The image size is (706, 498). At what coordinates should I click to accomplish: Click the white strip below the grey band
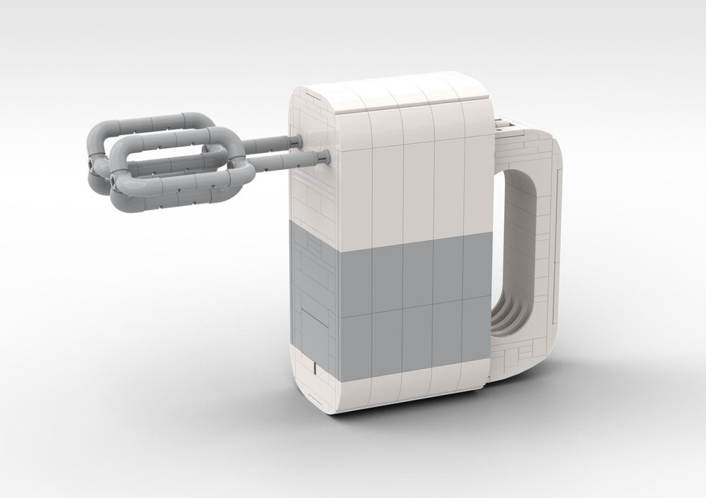click(x=409, y=384)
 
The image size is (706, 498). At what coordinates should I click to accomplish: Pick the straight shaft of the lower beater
click(x=286, y=162)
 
